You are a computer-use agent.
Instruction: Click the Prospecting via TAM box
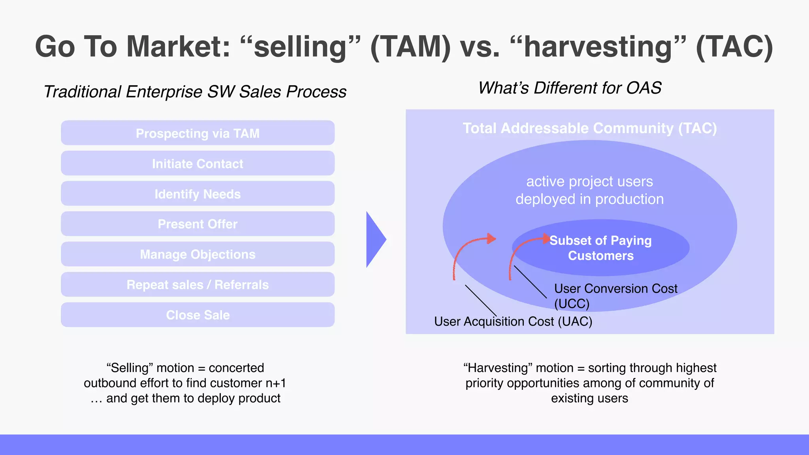[x=198, y=133]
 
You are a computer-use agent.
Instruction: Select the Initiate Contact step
[x=198, y=164]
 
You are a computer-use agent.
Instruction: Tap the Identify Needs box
[x=198, y=194]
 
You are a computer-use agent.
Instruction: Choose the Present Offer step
[x=198, y=224]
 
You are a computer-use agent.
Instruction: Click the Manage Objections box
[x=198, y=254]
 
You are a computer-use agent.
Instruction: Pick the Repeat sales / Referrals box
[x=198, y=285]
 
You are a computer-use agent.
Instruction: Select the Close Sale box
[x=198, y=315]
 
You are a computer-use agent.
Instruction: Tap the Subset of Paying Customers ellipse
[x=600, y=248]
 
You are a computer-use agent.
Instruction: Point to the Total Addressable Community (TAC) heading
[x=590, y=128]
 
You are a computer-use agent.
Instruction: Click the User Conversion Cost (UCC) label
[x=615, y=295]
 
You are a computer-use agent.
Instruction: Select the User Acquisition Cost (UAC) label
[x=513, y=322]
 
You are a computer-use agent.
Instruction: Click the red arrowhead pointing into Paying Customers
[x=546, y=239]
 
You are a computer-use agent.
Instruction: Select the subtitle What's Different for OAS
[x=570, y=88]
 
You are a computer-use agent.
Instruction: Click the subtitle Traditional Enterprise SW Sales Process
[x=195, y=92]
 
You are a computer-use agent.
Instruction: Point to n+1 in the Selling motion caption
[x=276, y=383]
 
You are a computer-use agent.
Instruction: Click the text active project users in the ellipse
[x=589, y=182]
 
